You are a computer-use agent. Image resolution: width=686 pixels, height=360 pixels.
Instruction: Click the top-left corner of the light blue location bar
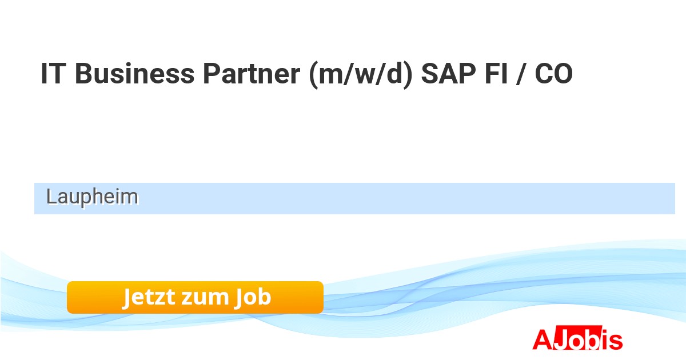[x=34, y=183]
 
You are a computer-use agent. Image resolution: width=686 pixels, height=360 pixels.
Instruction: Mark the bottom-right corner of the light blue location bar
[x=675, y=214]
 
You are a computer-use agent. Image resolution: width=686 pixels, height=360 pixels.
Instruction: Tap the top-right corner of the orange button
[x=324, y=281]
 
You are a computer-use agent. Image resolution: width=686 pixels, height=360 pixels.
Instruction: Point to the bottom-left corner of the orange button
[x=67, y=314]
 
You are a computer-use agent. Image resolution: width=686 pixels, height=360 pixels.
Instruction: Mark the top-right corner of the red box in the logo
[x=602, y=325]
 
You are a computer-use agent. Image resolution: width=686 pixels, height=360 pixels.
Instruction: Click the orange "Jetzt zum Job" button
[x=195, y=297]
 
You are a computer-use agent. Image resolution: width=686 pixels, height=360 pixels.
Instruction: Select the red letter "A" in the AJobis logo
[x=543, y=339]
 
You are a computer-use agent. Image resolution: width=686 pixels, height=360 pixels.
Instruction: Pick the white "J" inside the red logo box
[x=560, y=339]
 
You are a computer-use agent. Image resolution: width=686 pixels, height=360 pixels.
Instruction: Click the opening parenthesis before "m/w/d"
[x=314, y=74]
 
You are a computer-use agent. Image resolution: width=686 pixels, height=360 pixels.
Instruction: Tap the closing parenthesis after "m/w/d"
[x=408, y=74]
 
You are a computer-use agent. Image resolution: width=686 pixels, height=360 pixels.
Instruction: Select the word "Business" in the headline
[x=135, y=74]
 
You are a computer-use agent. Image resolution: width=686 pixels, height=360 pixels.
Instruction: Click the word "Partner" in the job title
[x=252, y=74]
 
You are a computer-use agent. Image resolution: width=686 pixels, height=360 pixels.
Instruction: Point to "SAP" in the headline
[x=448, y=74]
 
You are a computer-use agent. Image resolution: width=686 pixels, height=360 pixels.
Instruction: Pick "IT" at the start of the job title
[x=53, y=74]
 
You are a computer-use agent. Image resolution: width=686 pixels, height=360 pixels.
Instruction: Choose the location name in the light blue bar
[x=92, y=197]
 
